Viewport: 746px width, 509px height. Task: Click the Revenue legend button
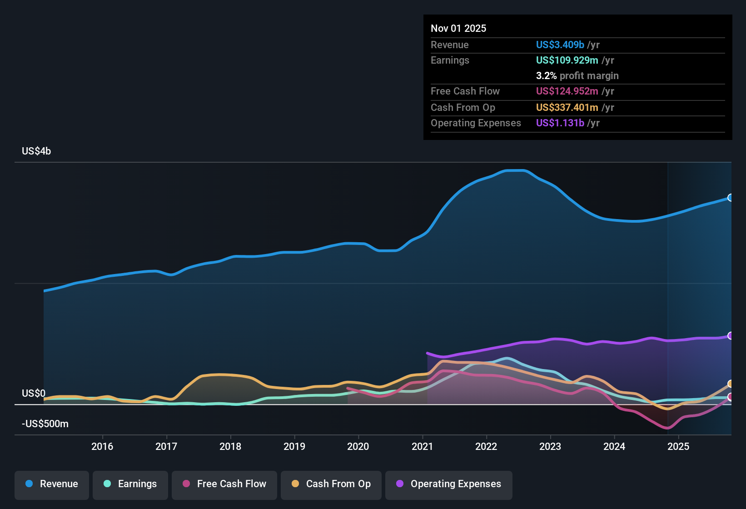[x=52, y=484]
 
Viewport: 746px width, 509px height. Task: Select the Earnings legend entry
[x=130, y=484]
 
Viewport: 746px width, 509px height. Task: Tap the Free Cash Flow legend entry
[x=224, y=484]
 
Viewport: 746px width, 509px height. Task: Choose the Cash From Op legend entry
[x=331, y=484]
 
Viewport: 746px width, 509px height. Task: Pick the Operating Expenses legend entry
[x=449, y=484]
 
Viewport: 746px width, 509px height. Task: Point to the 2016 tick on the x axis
[x=102, y=446]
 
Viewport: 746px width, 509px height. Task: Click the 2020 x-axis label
[x=358, y=446]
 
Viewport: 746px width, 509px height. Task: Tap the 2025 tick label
[x=678, y=446]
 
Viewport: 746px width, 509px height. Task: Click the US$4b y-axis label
[x=36, y=151]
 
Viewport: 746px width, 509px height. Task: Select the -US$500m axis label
[x=45, y=424]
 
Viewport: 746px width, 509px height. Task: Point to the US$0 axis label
[x=34, y=394]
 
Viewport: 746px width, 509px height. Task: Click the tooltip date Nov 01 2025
[x=458, y=29]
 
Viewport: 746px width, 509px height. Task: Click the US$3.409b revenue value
[x=560, y=45]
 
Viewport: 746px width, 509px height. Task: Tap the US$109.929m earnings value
[x=567, y=60]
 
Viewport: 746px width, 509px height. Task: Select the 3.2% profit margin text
[x=577, y=76]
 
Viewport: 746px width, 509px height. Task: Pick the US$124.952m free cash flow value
[x=567, y=91]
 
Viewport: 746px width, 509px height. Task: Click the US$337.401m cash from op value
[x=567, y=108]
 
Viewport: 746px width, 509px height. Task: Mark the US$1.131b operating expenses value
[x=560, y=123]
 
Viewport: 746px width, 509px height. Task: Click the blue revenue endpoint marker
[x=731, y=198]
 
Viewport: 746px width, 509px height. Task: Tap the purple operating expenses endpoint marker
[x=731, y=336]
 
